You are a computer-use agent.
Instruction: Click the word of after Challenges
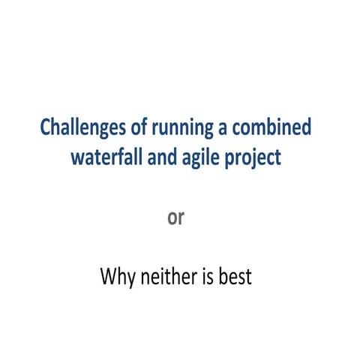pyautogui.click(x=128, y=127)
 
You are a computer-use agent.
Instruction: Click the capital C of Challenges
pyautogui.click(x=45, y=127)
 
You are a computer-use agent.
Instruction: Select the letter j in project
pyautogui.click(x=250, y=160)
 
